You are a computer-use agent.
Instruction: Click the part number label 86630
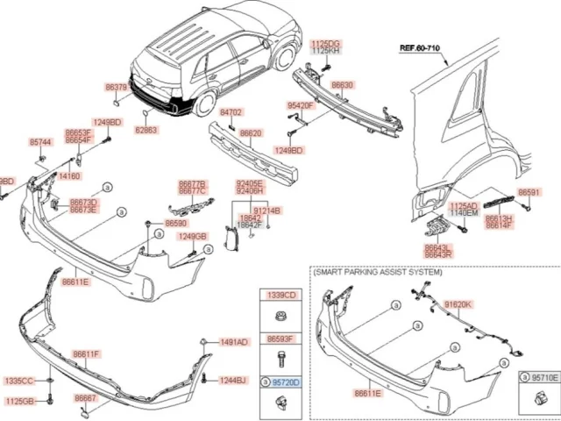(343, 85)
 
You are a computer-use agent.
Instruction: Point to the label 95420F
(301, 105)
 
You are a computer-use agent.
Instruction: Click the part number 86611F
(87, 354)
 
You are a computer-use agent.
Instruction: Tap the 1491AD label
(234, 341)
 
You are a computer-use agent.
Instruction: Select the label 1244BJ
(232, 380)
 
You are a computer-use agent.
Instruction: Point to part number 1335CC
(18, 382)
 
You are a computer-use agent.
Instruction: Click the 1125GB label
(18, 400)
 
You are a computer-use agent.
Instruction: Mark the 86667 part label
(85, 396)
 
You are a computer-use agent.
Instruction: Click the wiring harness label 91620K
(458, 303)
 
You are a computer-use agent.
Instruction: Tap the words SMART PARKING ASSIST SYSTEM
(378, 274)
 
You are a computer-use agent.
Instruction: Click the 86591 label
(529, 192)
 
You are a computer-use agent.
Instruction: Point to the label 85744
(40, 141)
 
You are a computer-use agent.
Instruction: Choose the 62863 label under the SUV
(146, 130)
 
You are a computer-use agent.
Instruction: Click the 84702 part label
(231, 113)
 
